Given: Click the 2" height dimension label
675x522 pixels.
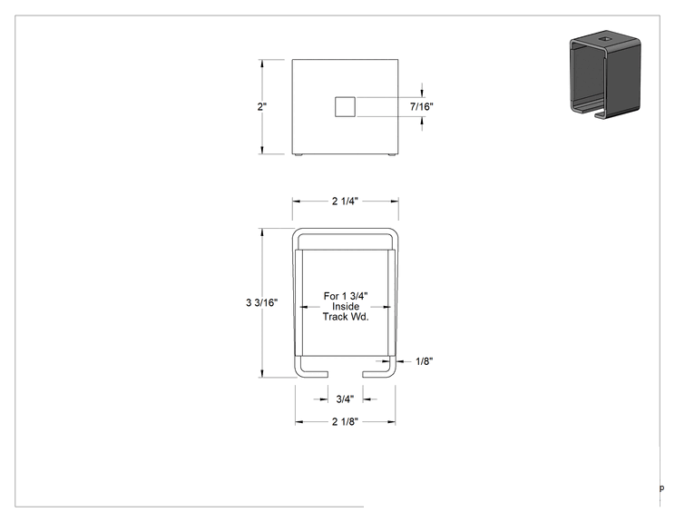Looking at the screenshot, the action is point(261,107).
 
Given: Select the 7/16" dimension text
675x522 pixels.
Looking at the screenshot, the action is point(422,106).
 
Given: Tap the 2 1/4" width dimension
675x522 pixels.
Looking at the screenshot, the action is point(345,202).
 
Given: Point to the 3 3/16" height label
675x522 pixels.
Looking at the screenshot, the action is point(261,303).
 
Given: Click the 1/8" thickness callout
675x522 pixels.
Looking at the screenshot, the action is point(424,361).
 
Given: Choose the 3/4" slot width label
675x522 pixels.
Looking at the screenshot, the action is point(345,399).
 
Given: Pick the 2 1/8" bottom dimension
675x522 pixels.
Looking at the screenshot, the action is point(345,421).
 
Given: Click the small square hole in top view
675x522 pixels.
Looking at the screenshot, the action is point(346,107).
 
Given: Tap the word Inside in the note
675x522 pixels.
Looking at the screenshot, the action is point(346,306).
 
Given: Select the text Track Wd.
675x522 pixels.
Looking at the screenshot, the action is point(346,317).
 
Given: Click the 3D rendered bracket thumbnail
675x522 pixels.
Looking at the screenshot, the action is point(605,74).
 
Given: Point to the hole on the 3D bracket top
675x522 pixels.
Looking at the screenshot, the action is point(606,39).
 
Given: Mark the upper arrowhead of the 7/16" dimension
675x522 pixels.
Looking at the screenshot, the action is point(422,94).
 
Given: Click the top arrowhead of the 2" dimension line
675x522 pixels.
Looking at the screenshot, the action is point(261,64).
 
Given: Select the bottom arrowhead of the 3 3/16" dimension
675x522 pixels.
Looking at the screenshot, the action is point(261,373).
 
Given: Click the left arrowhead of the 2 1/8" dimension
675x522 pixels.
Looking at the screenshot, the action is point(299,421).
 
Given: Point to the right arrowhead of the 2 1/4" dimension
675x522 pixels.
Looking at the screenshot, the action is point(395,202).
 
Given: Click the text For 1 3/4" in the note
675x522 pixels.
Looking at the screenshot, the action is point(346,296).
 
